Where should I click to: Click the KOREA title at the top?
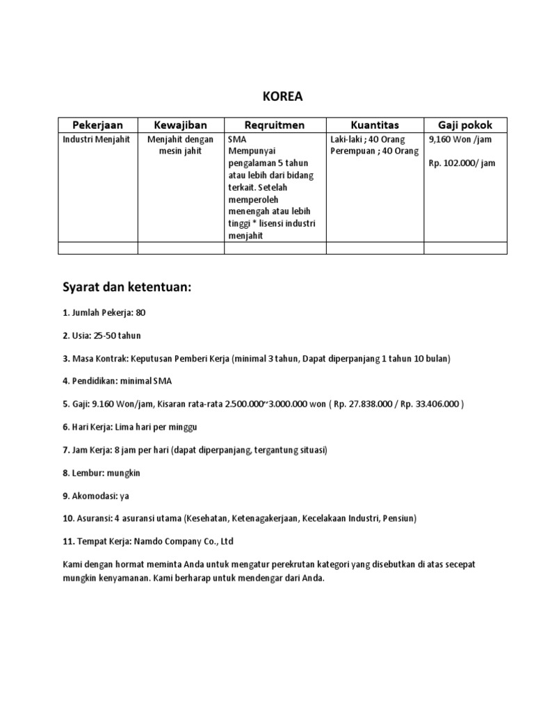point(282,97)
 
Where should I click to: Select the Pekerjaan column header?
point(97,125)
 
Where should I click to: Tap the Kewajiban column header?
point(181,125)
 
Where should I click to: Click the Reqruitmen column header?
point(275,125)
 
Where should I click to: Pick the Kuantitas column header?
point(375,125)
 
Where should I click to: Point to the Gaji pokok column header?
point(465,125)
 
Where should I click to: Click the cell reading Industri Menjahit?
point(96,140)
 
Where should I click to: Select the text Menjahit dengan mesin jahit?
point(181,145)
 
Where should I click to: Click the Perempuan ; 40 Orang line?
point(375,152)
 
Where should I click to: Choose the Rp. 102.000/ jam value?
point(462,163)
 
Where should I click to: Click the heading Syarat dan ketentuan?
point(127,289)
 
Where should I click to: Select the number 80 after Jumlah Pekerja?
point(141,313)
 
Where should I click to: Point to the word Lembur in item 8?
point(86,473)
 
